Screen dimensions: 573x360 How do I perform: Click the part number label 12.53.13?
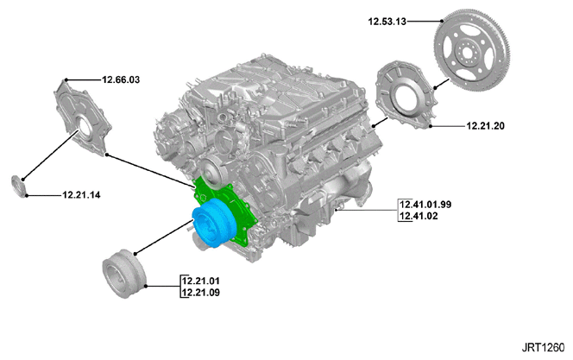click(x=387, y=22)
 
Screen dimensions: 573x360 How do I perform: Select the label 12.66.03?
click(x=121, y=79)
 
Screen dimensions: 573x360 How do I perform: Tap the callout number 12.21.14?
click(x=81, y=195)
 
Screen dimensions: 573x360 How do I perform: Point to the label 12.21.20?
click(x=485, y=126)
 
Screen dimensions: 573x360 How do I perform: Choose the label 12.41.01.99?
click(x=425, y=205)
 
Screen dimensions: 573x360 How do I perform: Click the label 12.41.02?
click(x=419, y=216)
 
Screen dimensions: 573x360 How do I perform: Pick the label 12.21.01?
click(x=201, y=281)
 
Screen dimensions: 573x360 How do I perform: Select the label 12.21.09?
click(x=201, y=293)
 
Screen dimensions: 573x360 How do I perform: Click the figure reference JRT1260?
click(x=543, y=347)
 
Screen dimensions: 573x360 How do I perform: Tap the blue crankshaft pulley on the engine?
click(x=212, y=224)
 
